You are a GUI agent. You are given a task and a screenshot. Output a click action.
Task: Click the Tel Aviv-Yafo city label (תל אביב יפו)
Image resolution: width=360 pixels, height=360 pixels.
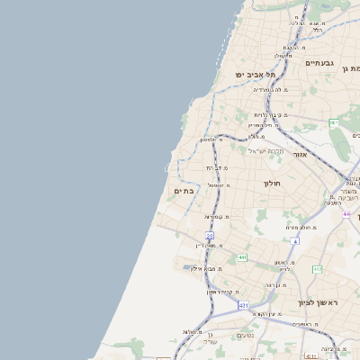click(255, 75)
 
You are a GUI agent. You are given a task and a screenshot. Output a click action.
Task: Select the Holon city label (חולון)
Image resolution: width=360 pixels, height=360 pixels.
click(273, 184)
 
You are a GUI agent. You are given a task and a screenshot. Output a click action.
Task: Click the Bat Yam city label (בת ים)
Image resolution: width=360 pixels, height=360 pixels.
click(184, 191)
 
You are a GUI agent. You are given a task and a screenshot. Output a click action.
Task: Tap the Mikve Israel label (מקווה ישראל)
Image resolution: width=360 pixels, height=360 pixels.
click(265, 150)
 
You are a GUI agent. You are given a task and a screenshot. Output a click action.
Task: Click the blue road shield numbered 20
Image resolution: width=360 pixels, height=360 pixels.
click(209, 236)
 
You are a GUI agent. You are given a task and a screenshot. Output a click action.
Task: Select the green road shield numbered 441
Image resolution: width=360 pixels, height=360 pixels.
click(242, 258)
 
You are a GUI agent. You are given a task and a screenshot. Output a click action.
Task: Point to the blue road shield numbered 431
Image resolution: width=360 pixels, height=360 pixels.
click(243, 306)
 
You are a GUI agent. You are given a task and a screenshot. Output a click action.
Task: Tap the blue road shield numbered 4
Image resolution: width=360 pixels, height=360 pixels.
click(295, 241)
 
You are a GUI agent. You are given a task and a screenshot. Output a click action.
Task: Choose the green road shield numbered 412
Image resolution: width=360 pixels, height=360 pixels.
click(317, 269)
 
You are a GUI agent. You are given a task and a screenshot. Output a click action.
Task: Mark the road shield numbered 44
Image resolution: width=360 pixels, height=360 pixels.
click(346, 214)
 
